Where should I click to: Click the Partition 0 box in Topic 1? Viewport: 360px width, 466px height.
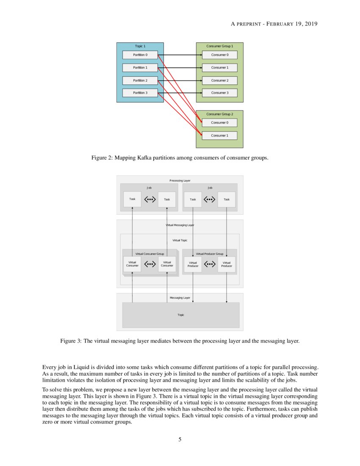pyautogui.click(x=140, y=55)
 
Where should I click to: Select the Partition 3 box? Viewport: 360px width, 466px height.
pyautogui.click(x=140, y=93)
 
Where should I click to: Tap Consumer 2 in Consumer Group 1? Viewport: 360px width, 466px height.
pyautogui.click(x=219, y=80)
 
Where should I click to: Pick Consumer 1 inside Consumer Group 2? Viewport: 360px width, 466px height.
pyautogui.click(x=219, y=136)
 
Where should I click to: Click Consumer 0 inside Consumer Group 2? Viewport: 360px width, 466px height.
pyautogui.click(x=219, y=123)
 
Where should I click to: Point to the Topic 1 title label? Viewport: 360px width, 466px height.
pyautogui.click(x=140, y=46)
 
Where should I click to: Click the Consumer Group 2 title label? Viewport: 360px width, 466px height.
pyautogui.click(x=219, y=114)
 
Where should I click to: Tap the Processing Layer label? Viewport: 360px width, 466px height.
pyautogui.click(x=180, y=180)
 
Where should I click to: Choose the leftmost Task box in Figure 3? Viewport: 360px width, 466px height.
pyautogui.click(x=132, y=199)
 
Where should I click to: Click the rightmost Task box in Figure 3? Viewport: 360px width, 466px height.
pyautogui.click(x=227, y=199)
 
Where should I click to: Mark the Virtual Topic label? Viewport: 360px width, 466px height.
pyautogui.click(x=180, y=240)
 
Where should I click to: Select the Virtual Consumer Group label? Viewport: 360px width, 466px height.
pyautogui.click(x=150, y=254)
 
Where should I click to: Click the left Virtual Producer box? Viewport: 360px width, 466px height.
pyautogui.click(x=193, y=264)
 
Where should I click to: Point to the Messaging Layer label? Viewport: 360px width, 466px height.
pyautogui.click(x=180, y=298)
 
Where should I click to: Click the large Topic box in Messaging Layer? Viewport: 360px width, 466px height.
pyautogui.click(x=181, y=315)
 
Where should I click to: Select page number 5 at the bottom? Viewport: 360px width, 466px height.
pyautogui.click(x=180, y=439)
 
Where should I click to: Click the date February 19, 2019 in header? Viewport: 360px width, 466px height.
pyautogui.click(x=292, y=24)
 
